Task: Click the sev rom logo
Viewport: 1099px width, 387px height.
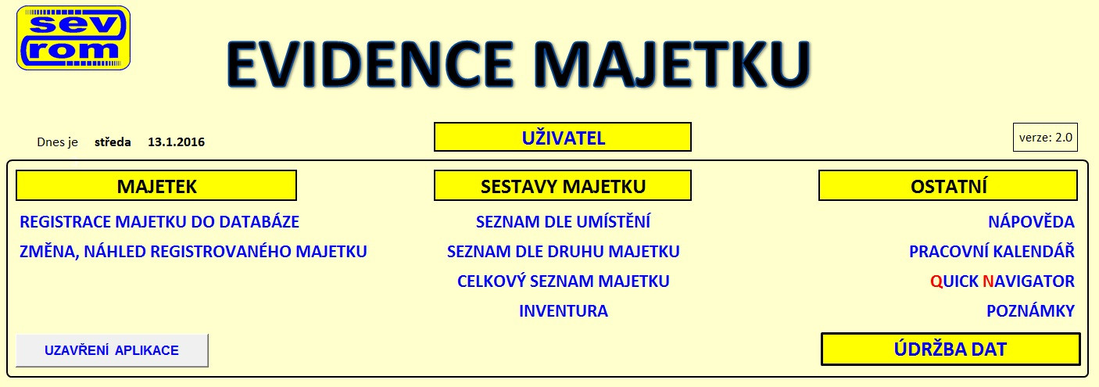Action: click(73, 38)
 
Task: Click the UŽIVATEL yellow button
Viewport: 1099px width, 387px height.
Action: click(563, 138)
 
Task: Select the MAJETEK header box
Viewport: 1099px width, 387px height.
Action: click(156, 186)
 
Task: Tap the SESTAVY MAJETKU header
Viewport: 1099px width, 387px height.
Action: click(563, 186)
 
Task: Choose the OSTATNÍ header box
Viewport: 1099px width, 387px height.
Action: click(948, 186)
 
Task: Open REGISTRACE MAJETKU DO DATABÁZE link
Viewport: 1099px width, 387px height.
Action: click(159, 222)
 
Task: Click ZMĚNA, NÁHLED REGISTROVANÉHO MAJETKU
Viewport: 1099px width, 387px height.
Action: click(193, 252)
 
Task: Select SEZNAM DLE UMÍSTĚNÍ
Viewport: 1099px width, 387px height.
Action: click(563, 222)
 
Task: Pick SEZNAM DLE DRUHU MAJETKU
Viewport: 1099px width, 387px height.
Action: click(563, 252)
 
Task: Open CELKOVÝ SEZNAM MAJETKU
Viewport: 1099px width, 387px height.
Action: click(563, 281)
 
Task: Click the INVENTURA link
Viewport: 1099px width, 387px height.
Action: click(564, 311)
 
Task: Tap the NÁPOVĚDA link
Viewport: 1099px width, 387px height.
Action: click(1031, 222)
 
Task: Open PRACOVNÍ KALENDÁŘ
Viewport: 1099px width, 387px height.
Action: click(992, 252)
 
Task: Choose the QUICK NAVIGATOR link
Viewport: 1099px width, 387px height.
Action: click(1002, 281)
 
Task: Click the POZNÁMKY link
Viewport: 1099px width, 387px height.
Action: click(1030, 311)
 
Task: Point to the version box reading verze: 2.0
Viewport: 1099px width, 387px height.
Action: click(1045, 138)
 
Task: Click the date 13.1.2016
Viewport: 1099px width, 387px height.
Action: click(176, 142)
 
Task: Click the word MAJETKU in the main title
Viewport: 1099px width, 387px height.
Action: click(671, 64)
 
